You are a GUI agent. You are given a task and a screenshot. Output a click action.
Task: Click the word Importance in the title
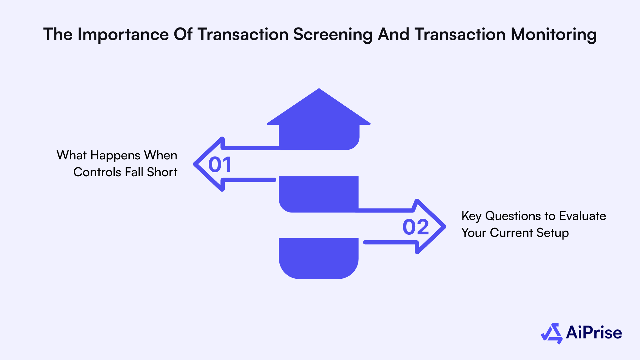click(x=123, y=34)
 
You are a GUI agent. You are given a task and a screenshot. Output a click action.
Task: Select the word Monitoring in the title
click(x=553, y=34)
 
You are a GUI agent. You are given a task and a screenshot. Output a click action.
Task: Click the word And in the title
click(x=393, y=34)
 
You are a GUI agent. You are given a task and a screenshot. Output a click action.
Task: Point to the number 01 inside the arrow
click(x=220, y=165)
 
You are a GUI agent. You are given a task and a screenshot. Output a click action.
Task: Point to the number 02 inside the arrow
click(x=416, y=227)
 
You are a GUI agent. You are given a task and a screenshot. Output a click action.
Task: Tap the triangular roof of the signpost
click(x=319, y=109)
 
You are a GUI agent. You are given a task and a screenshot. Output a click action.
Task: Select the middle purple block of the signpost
click(x=319, y=194)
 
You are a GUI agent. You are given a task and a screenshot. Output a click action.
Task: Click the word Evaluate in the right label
click(x=582, y=216)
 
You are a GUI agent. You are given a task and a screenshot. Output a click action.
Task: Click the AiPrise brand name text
click(x=594, y=332)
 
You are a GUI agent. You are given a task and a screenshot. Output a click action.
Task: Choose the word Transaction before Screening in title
click(x=243, y=34)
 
